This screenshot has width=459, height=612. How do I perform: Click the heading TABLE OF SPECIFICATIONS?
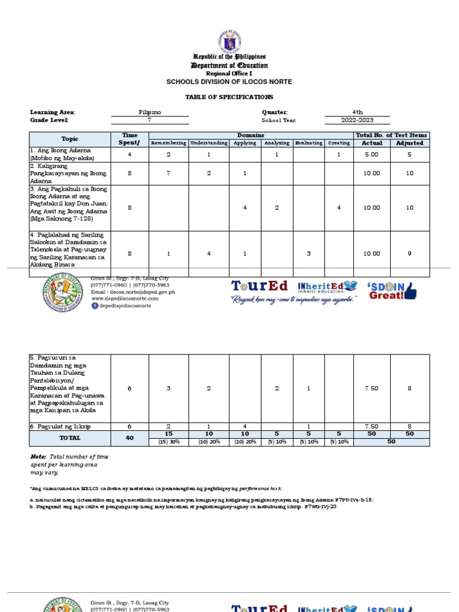click(x=229, y=96)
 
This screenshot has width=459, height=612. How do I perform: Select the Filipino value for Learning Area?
click(x=149, y=112)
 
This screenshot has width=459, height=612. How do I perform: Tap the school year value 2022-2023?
click(x=357, y=120)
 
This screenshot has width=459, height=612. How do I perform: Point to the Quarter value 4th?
click(x=357, y=112)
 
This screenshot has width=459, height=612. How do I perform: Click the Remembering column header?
click(x=169, y=143)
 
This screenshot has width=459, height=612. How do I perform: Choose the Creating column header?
click(x=339, y=143)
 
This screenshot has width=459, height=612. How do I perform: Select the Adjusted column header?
click(x=409, y=143)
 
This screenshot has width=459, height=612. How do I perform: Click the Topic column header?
click(x=69, y=139)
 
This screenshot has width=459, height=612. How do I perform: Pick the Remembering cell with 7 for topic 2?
click(x=169, y=173)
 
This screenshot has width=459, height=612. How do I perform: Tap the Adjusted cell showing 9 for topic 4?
click(x=409, y=253)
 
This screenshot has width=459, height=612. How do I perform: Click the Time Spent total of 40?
click(x=130, y=437)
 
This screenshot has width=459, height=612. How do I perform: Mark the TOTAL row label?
click(x=69, y=437)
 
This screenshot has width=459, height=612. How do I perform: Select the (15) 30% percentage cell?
click(x=169, y=442)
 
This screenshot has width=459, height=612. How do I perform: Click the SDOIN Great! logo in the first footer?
click(x=393, y=290)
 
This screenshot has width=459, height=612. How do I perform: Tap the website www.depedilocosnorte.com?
click(x=133, y=299)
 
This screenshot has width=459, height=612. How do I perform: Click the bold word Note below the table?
click(x=38, y=457)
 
